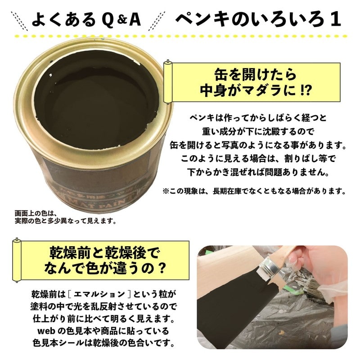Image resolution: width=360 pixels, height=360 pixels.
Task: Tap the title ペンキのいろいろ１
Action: click(257, 19)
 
